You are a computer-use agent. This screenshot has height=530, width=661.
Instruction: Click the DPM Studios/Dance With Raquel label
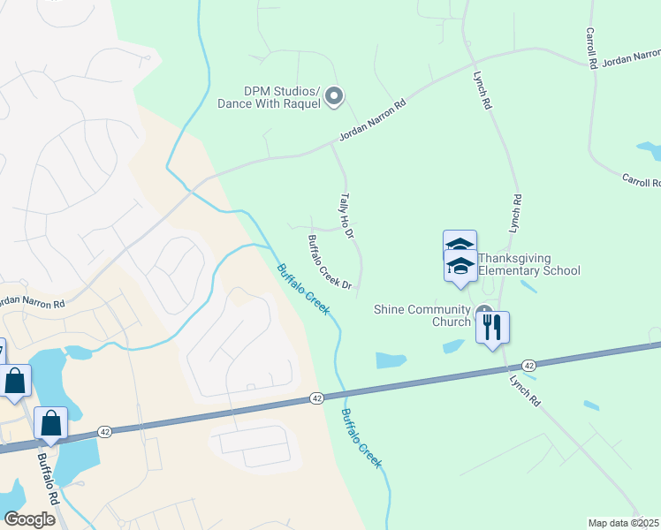click(268, 97)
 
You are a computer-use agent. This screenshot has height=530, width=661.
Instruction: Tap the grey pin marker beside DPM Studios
click(333, 96)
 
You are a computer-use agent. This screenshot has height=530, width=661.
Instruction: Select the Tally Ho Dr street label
click(346, 216)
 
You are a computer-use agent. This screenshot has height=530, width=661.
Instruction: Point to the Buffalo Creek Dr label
click(330, 262)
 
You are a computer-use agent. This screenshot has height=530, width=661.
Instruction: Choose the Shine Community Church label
click(422, 315)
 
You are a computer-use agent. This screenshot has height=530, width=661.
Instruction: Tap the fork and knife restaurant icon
click(493, 327)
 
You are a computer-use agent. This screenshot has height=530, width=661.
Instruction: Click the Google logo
click(28, 519)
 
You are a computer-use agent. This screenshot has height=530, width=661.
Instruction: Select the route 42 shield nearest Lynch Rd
click(528, 365)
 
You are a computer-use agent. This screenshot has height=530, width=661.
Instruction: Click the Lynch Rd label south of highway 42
click(525, 389)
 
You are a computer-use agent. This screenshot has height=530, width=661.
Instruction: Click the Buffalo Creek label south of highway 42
click(362, 438)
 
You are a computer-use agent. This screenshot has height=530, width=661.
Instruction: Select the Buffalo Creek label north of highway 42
click(303, 289)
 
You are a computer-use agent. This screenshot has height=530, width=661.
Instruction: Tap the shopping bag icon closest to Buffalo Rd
click(51, 423)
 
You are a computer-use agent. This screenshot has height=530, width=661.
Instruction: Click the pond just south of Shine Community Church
click(391, 360)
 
